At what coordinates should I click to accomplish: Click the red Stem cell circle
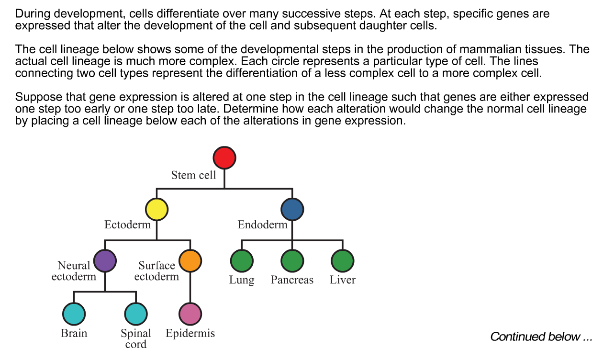coord(224,157)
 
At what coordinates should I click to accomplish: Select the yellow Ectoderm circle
coord(156,210)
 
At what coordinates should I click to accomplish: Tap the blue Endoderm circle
coord(292,210)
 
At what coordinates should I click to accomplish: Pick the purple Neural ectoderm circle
coord(105,261)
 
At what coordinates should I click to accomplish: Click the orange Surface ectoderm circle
coord(190,261)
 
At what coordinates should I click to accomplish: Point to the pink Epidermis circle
coord(190,314)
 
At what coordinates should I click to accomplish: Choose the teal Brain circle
coord(74,314)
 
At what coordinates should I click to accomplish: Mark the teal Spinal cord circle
coord(136,314)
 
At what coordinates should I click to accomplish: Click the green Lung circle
coord(242,261)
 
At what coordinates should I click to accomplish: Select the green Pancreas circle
coord(292,261)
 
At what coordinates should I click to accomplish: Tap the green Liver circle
coord(343,261)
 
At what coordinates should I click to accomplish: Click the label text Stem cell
coord(193,175)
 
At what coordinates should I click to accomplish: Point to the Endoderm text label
coord(262,225)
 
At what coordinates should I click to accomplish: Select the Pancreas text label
coord(292,280)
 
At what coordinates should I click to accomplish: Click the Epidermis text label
coord(190,333)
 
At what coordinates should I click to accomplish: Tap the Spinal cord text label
coord(136,338)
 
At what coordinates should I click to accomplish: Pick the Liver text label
coord(343,280)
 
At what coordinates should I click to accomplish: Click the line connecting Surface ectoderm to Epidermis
coord(190,287)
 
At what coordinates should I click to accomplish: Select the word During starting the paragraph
coord(31,14)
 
